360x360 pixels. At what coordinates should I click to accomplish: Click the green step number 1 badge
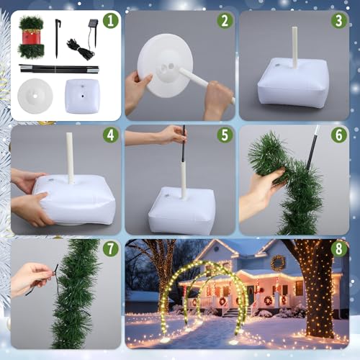point(110,20)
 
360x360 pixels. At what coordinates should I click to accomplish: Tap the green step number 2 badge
point(225,20)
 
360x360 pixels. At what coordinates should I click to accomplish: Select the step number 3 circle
point(339,20)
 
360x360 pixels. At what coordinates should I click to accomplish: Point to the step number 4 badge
point(110,135)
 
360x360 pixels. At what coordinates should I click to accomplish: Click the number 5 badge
point(225,135)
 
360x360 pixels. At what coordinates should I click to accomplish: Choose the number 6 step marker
point(339,135)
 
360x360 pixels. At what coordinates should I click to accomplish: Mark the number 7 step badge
point(110,249)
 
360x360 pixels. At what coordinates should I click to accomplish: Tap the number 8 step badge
point(339,249)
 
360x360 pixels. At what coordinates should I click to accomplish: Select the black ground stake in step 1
point(57,37)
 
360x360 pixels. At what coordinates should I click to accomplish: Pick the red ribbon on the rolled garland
point(31,37)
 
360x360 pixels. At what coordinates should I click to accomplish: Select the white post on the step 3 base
point(294,48)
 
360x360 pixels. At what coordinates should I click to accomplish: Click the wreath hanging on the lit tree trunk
point(278,262)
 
